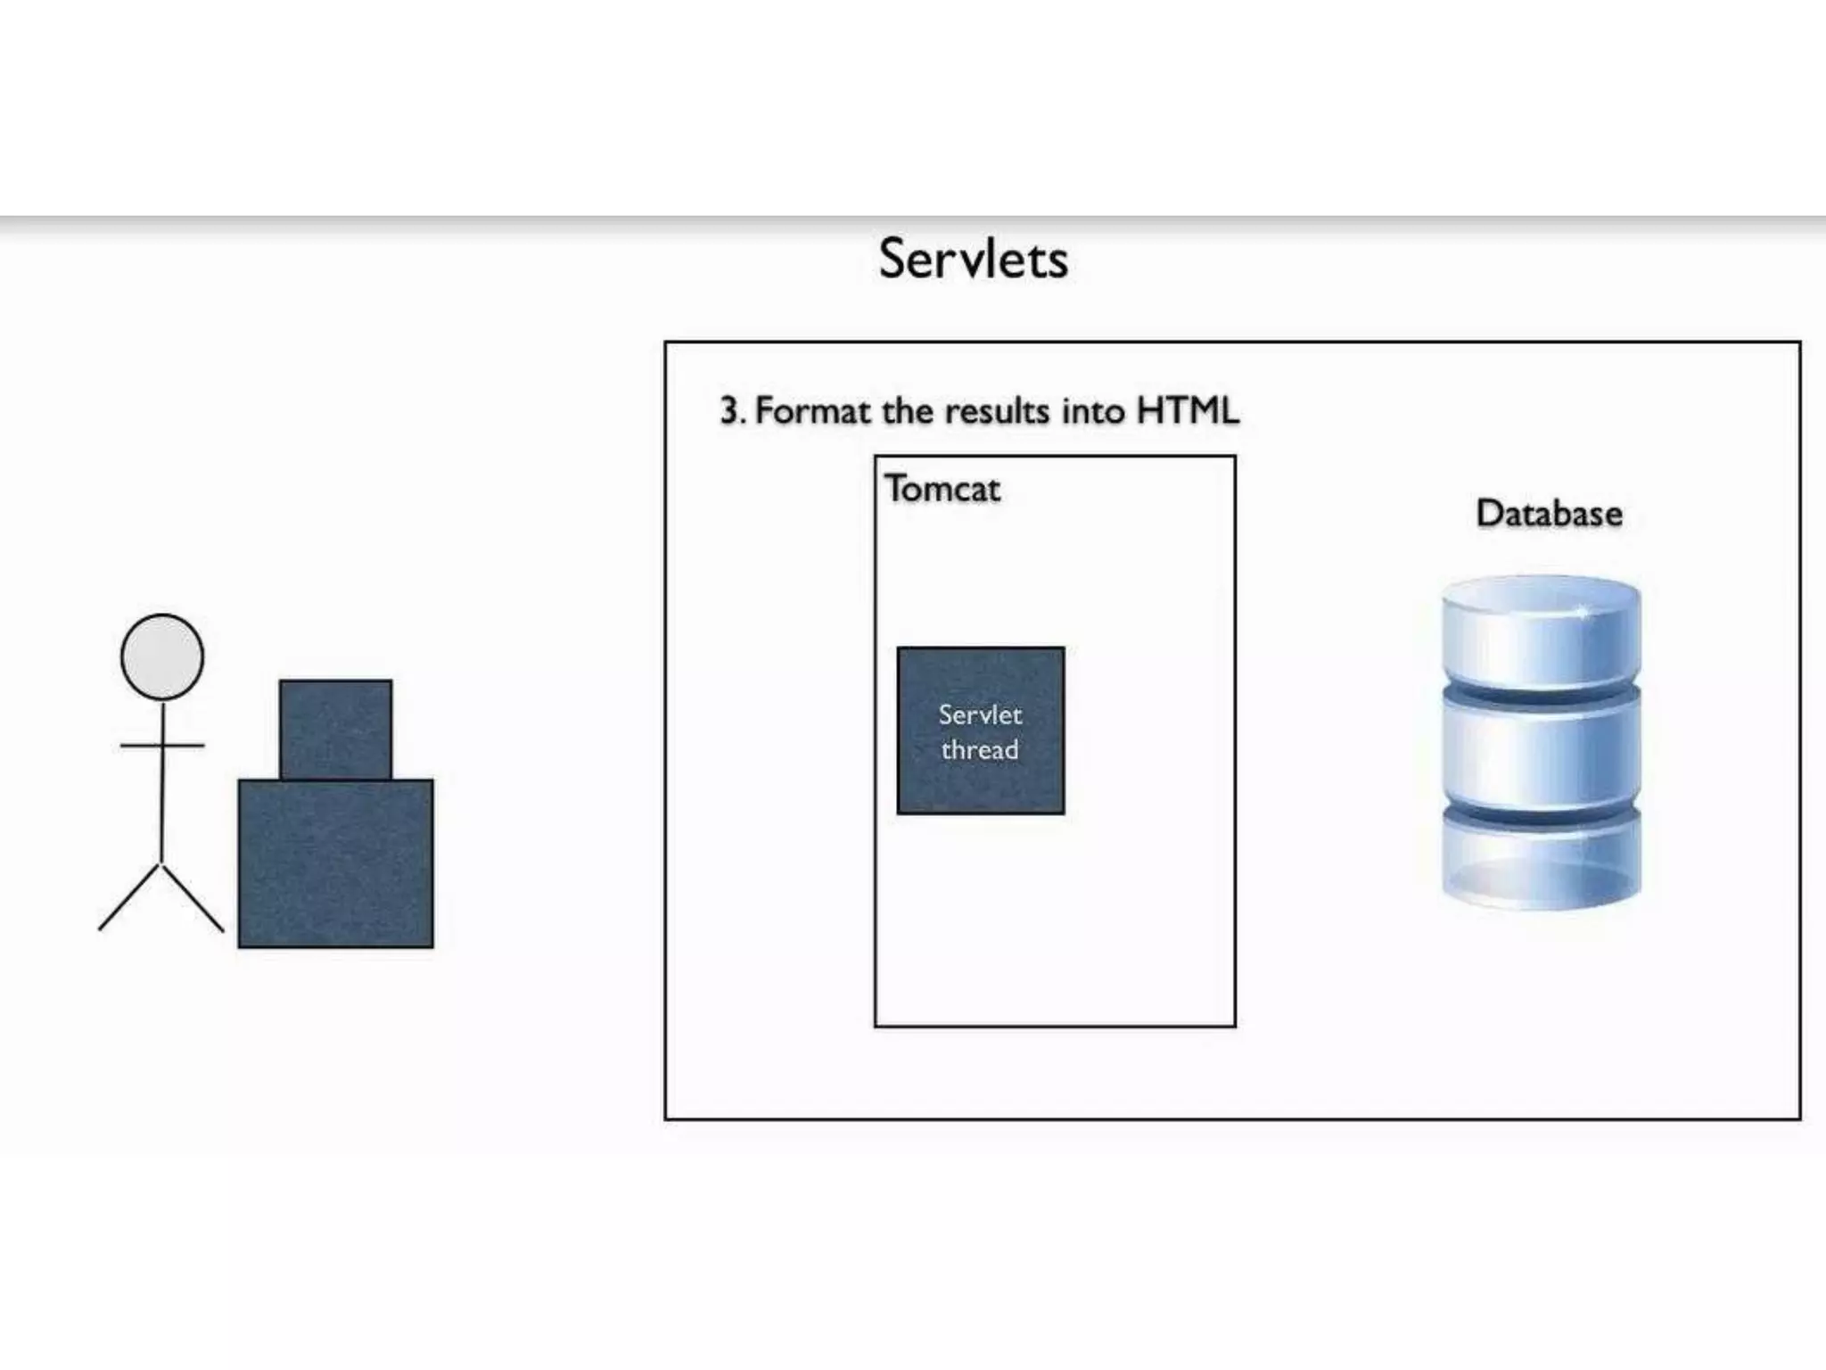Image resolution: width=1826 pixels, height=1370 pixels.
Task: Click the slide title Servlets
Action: pyautogui.click(x=973, y=259)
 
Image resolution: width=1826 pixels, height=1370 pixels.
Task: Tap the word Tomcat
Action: pyautogui.click(x=942, y=489)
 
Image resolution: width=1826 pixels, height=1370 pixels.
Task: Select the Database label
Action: pyautogui.click(x=1549, y=514)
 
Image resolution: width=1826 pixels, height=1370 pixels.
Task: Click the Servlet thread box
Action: pyautogui.click(x=981, y=785)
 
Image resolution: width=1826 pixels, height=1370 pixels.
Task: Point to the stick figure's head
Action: pyautogui.click(x=162, y=656)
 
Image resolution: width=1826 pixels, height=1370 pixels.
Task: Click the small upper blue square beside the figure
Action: pyautogui.click(x=335, y=729)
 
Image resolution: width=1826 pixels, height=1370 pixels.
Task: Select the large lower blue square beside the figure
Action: pyautogui.click(x=335, y=862)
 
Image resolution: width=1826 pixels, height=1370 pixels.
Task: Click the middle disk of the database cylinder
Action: pyautogui.click(x=1541, y=749)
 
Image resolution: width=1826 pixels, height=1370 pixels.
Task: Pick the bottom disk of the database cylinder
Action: pyautogui.click(x=1541, y=861)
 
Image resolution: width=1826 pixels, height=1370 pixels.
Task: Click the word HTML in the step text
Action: pyautogui.click(x=1187, y=411)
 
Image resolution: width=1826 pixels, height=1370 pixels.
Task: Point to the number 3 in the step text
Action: pyautogui.click(x=729, y=412)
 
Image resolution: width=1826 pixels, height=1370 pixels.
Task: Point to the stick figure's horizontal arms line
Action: pyautogui.click(x=162, y=745)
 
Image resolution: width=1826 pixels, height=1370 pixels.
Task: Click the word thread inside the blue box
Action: pyautogui.click(x=980, y=750)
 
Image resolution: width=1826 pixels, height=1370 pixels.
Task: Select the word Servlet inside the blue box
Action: pyautogui.click(x=980, y=714)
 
